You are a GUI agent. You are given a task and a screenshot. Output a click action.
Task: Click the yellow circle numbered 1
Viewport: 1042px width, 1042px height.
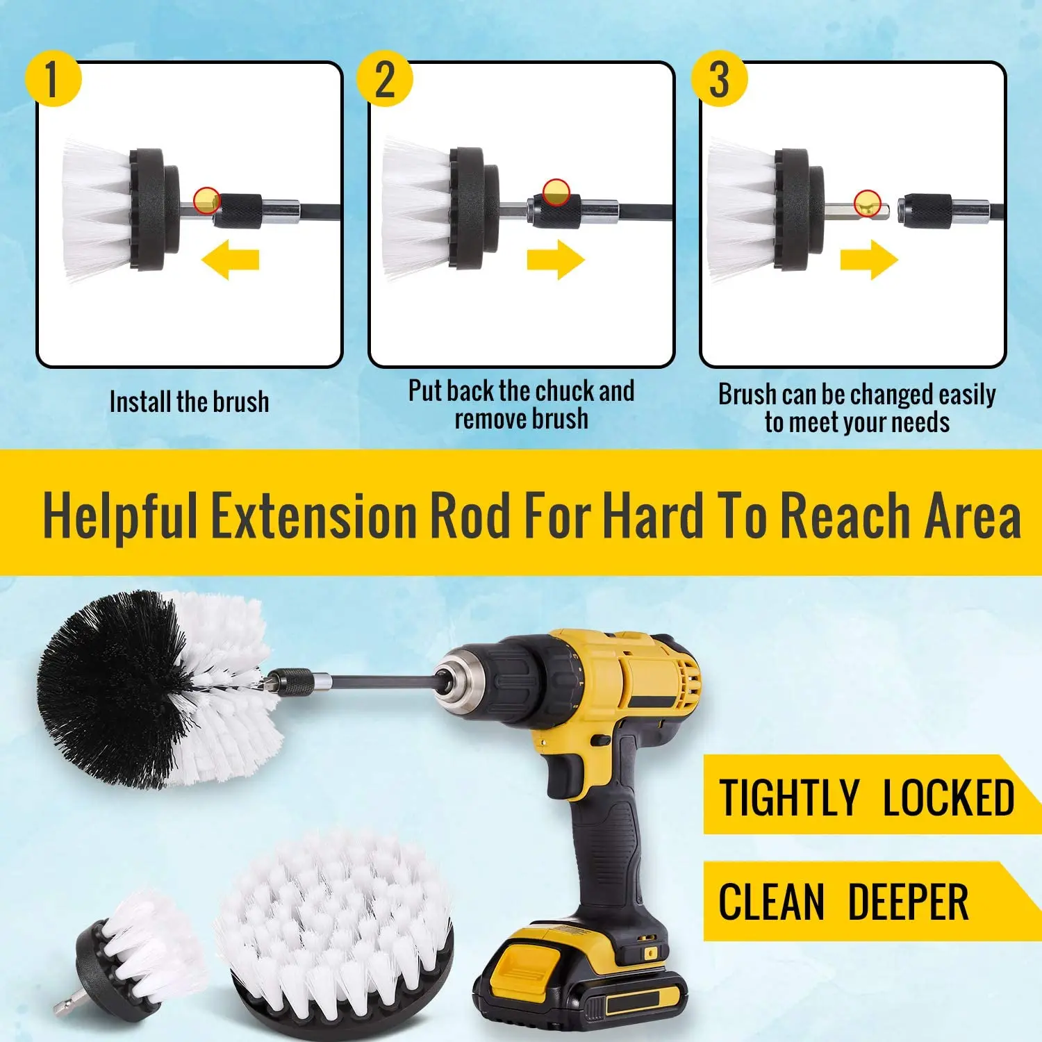click(x=53, y=78)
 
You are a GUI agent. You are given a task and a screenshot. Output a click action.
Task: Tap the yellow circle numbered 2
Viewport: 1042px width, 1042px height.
click(x=385, y=78)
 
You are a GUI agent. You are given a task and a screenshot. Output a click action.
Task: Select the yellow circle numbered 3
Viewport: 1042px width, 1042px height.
click(x=719, y=78)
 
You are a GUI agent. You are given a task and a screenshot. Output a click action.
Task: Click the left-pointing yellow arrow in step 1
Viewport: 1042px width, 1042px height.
click(x=230, y=260)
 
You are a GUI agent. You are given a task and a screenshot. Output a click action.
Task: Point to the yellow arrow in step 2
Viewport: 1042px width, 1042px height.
click(x=556, y=260)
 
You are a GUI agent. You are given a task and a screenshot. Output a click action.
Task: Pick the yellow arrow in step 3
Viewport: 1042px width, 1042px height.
click(x=869, y=260)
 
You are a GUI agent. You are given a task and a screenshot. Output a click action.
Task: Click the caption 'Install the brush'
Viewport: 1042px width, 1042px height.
click(x=189, y=402)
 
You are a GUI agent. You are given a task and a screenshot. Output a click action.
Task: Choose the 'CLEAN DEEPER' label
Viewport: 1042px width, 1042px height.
click(x=843, y=902)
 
